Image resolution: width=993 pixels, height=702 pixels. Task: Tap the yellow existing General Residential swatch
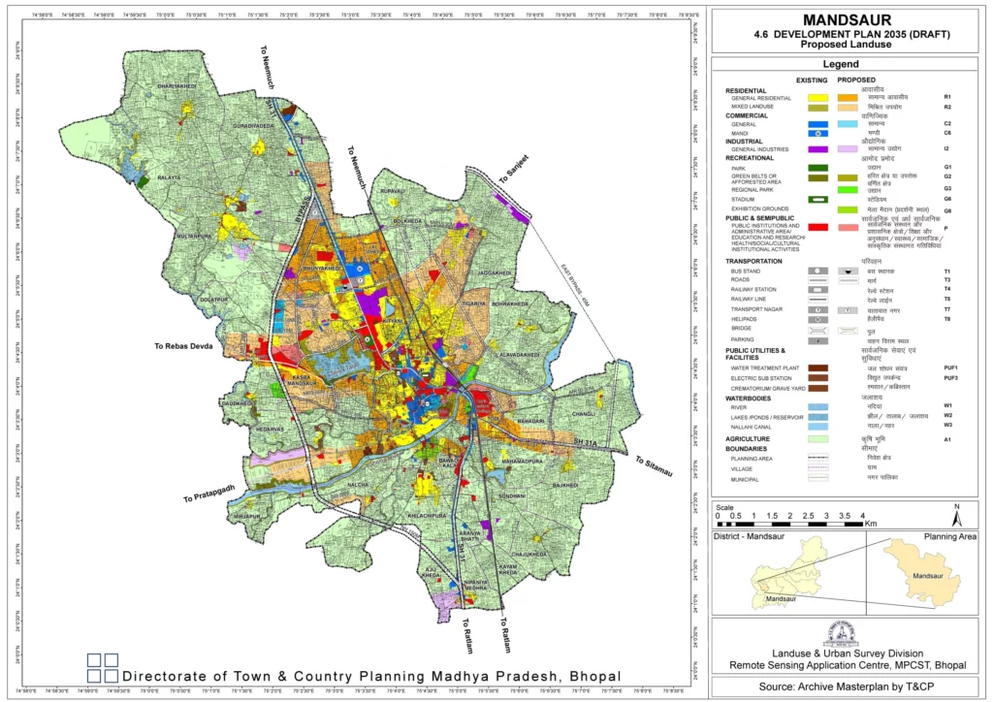coord(818,98)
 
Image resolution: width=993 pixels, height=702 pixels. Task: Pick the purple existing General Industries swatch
coord(818,149)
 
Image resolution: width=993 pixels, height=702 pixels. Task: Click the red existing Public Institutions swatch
coord(818,227)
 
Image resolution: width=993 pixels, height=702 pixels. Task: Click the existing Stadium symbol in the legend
coord(818,199)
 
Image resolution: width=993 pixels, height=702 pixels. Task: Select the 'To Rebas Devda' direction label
coord(188,345)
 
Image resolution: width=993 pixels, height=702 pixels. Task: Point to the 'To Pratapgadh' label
coord(208,492)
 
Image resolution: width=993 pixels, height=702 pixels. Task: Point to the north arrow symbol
coord(956,509)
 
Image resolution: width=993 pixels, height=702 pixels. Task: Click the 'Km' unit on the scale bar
coord(871,523)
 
